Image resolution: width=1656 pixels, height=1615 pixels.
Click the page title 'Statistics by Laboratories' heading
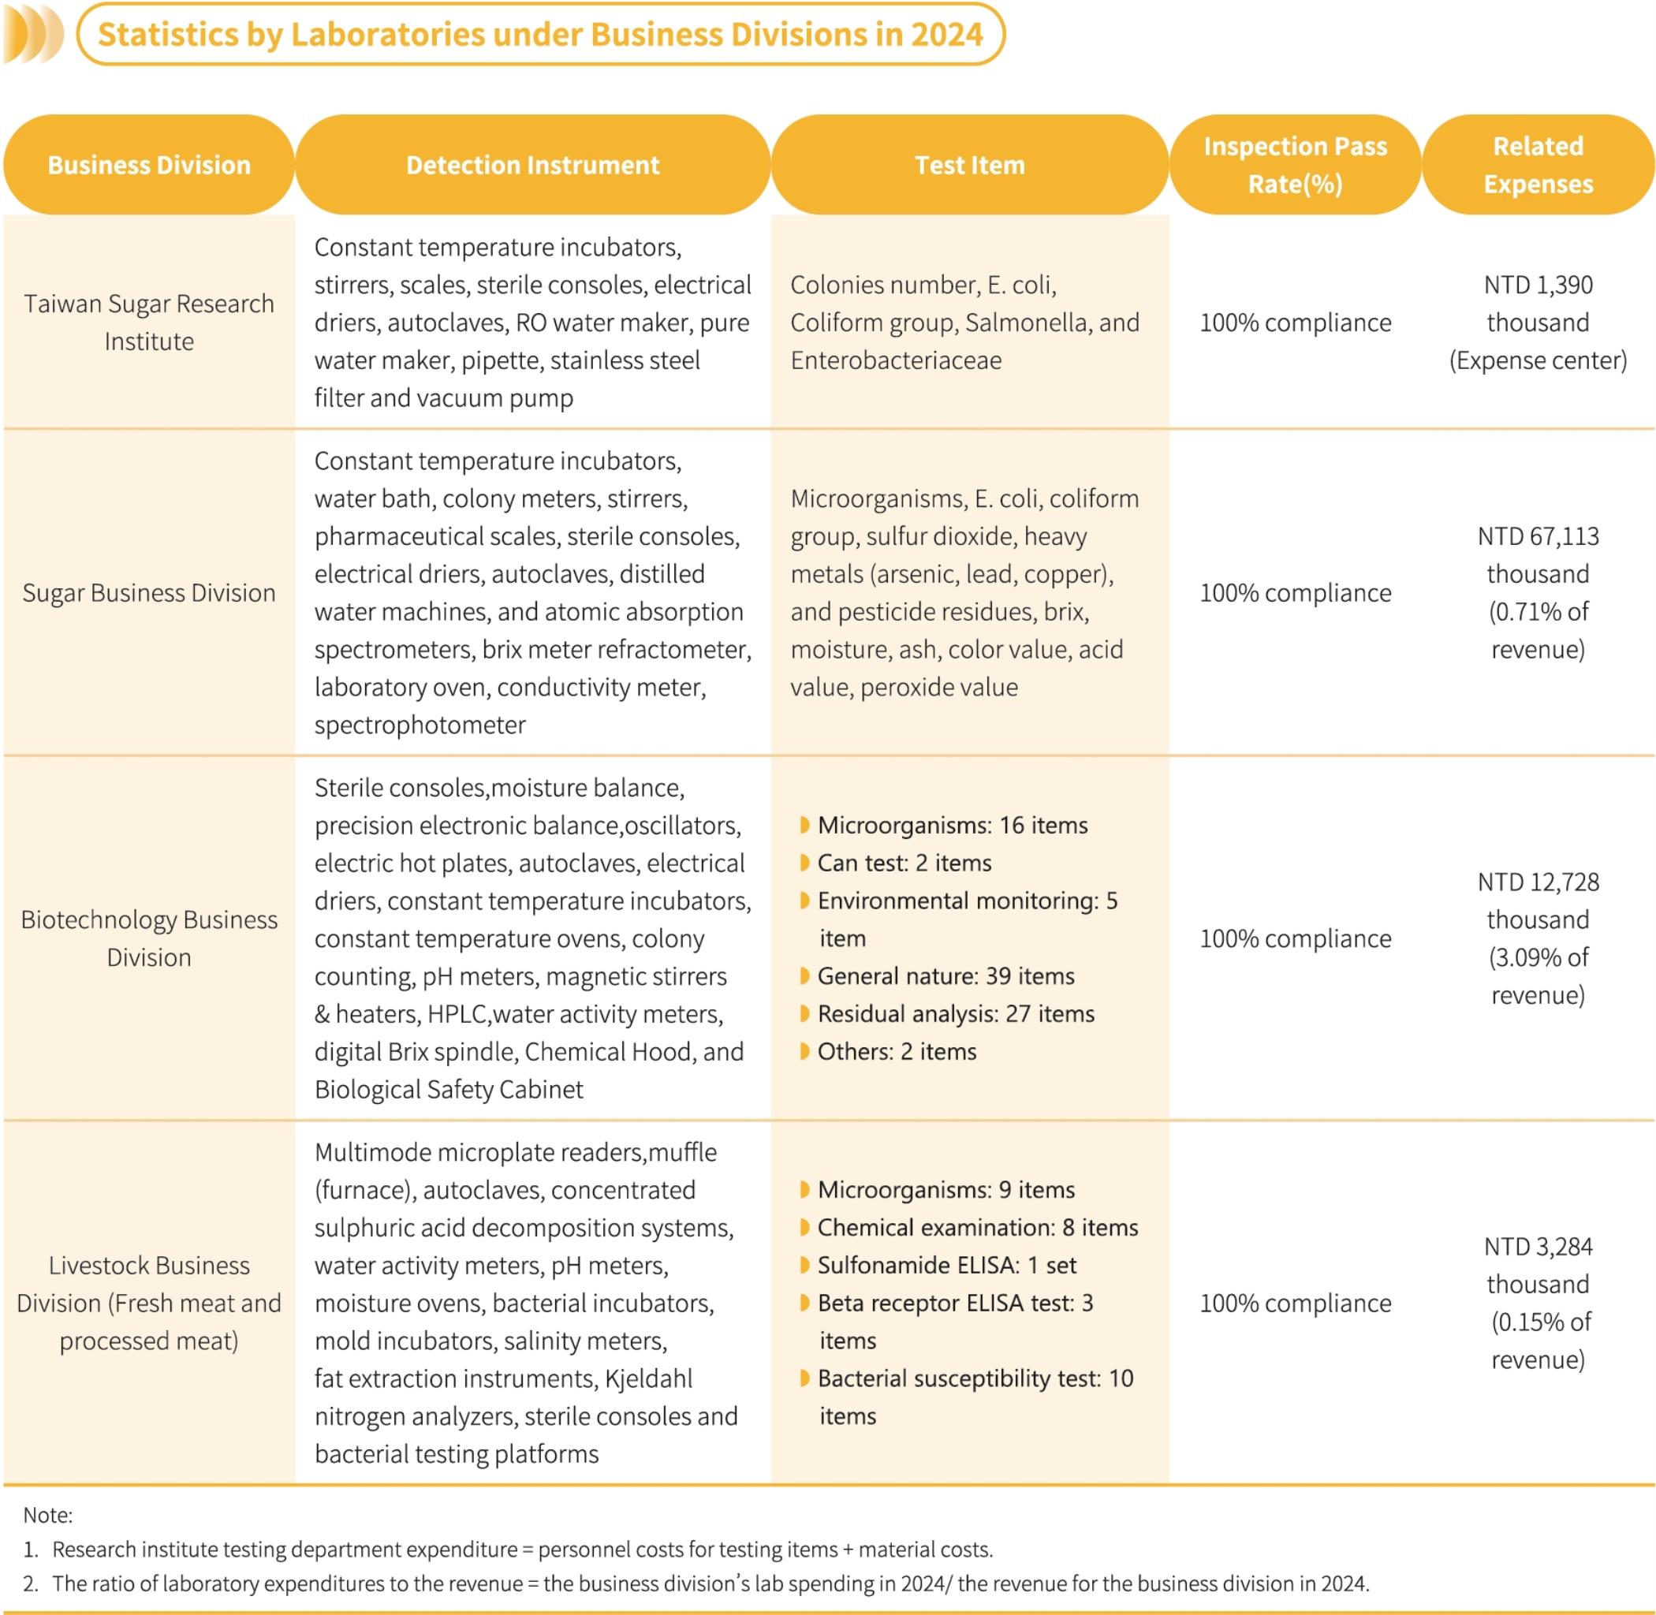(x=540, y=35)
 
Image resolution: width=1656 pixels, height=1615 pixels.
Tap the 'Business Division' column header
(x=148, y=165)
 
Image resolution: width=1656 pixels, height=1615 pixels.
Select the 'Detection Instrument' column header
(x=532, y=165)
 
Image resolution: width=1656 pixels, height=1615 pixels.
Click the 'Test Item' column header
(x=969, y=165)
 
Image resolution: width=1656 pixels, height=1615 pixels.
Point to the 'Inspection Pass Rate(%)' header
(x=1295, y=165)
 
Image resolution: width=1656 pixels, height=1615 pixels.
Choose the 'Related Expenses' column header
(x=1537, y=165)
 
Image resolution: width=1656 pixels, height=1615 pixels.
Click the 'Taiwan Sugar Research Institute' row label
(x=148, y=323)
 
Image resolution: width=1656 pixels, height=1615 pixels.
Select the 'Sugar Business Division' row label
(x=148, y=592)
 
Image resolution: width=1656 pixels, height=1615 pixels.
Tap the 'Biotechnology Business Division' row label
(x=148, y=938)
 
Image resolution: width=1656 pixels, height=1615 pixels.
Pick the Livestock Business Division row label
(x=148, y=1303)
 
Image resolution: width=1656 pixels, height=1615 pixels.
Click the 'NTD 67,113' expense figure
(x=1537, y=536)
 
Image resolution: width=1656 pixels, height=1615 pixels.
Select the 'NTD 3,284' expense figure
(x=1537, y=1247)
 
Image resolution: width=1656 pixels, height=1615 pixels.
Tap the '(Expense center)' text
(x=1537, y=360)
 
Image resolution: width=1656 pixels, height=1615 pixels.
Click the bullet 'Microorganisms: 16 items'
(x=952, y=826)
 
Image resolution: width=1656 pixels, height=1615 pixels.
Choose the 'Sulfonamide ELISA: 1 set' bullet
(x=946, y=1266)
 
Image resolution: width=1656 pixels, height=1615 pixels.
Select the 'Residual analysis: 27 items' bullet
(x=955, y=1013)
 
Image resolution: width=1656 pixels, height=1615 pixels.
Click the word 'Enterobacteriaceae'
(x=896, y=360)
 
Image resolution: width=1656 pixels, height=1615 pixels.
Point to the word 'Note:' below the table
(x=47, y=1515)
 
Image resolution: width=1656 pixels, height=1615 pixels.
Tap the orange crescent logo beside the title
(x=32, y=35)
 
